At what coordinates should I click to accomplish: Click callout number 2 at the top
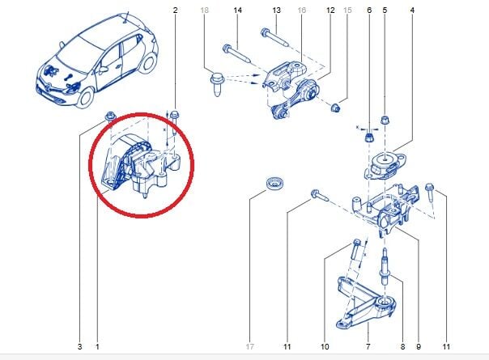click(175, 11)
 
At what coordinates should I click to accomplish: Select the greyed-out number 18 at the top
click(204, 11)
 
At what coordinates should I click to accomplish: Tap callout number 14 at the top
click(238, 11)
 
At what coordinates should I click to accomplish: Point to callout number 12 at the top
click(330, 11)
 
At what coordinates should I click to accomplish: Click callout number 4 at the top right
click(412, 11)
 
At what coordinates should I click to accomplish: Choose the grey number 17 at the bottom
click(250, 346)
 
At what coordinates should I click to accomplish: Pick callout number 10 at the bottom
click(325, 346)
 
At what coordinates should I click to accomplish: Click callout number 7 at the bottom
click(368, 346)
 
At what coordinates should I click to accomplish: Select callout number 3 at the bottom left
click(79, 346)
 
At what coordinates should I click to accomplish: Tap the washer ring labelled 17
click(274, 183)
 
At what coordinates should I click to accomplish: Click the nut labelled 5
click(385, 120)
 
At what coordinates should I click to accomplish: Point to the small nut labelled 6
click(368, 138)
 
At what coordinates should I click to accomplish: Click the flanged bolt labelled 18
click(217, 84)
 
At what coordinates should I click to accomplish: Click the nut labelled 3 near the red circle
click(110, 116)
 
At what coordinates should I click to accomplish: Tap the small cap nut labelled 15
click(335, 108)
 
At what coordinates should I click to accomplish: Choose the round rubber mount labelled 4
click(385, 163)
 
